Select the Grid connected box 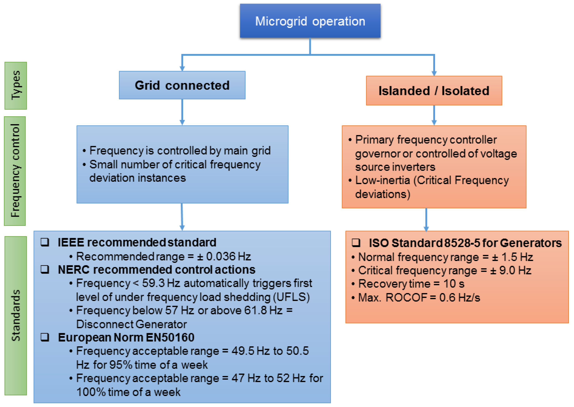pyautogui.click(x=182, y=85)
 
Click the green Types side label pyautogui.click(x=16, y=86)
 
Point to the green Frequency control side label pyautogui.click(x=15, y=171)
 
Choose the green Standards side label pyautogui.click(x=16, y=316)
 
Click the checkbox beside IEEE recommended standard pyautogui.click(x=45, y=242)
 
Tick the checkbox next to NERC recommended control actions pyautogui.click(x=45, y=269)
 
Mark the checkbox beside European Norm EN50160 pyautogui.click(x=45, y=337)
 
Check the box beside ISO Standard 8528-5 pyautogui.click(x=356, y=243)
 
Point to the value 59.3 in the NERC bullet pyautogui.click(x=153, y=283)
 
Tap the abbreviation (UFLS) pyautogui.click(x=291, y=297)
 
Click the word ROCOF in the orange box pyautogui.click(x=406, y=297)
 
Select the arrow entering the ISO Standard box pyautogui.click(x=426, y=220)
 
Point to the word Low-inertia pyautogui.click(x=383, y=180)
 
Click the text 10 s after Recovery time pyautogui.click(x=454, y=284)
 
